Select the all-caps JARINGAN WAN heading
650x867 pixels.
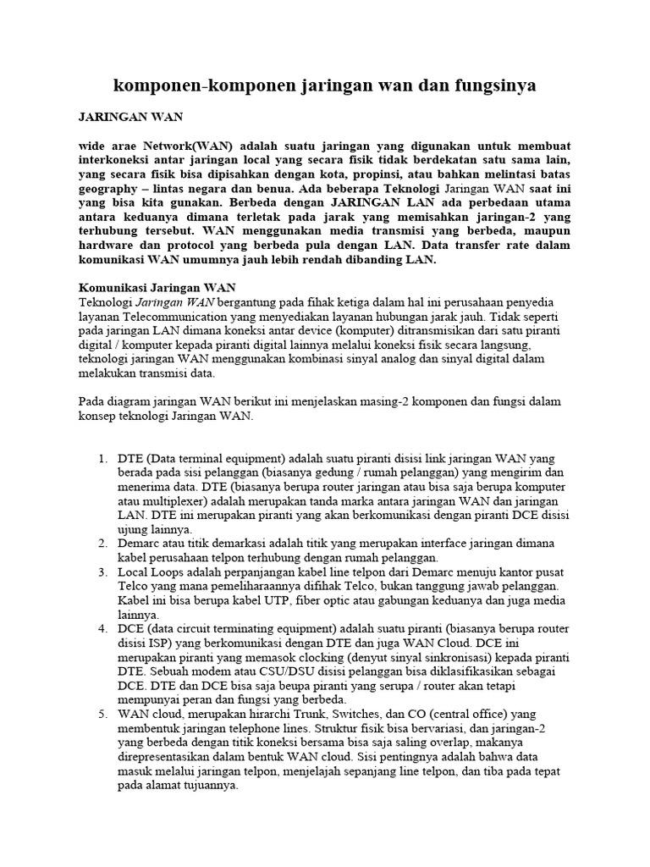pyautogui.click(x=130, y=117)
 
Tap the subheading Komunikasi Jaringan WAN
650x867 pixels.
pyautogui.click(x=157, y=287)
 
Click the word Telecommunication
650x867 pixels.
pyautogui.click(x=168, y=315)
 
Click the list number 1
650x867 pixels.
pyautogui.click(x=102, y=459)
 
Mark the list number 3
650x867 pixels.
pyautogui.click(x=102, y=572)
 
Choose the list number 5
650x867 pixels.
pyautogui.click(x=102, y=715)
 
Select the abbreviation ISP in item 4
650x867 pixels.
pyautogui.click(x=160, y=643)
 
